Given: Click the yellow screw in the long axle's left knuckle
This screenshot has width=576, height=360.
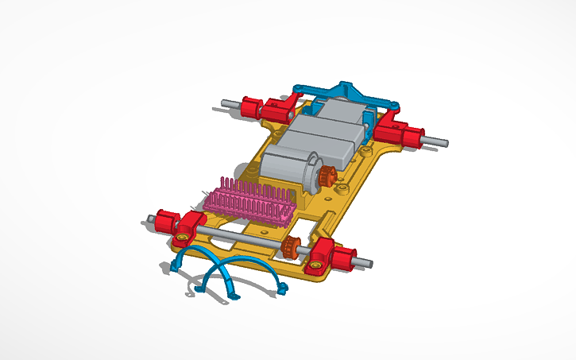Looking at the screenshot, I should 183,236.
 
